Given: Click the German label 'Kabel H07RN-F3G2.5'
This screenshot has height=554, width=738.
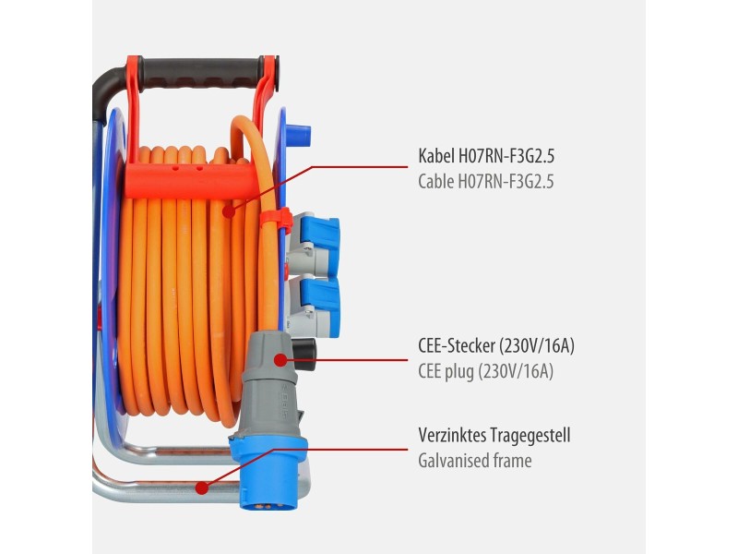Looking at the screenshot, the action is (486, 155).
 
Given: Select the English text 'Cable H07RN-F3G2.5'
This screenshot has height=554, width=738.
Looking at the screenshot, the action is (486, 181).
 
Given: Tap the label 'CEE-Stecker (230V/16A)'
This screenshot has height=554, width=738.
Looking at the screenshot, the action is (496, 345).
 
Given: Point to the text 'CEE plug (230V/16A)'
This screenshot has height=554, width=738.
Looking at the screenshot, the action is (486, 372).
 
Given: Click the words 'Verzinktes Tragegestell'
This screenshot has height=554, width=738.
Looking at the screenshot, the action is (494, 435).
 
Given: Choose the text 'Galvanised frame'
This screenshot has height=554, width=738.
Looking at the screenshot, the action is (475, 460).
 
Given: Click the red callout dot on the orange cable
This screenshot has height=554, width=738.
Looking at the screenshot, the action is (229, 211).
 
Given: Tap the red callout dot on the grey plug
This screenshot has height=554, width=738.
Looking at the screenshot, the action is (280, 360).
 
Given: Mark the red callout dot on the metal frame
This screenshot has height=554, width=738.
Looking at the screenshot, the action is (202, 488).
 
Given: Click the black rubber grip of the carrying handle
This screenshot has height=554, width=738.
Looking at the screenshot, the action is (201, 72).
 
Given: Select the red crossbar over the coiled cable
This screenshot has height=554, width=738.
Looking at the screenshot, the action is (192, 180).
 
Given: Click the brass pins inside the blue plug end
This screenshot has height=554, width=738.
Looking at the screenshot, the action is (268, 505).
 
